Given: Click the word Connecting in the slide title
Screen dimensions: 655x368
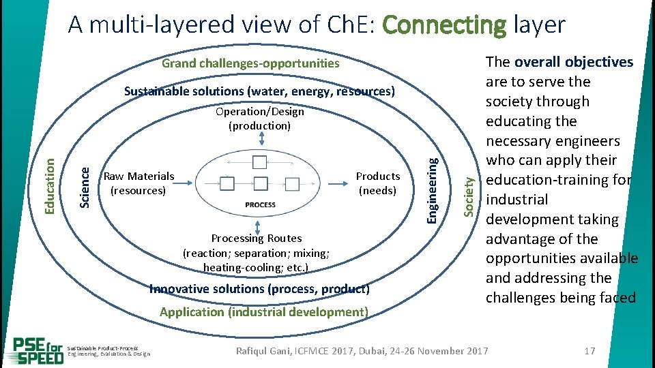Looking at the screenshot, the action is [x=444, y=25].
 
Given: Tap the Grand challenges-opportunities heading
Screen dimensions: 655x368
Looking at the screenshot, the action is [x=250, y=63].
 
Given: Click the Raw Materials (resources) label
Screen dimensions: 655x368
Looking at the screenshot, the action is [x=139, y=183].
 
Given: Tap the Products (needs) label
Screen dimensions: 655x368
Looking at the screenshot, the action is [x=378, y=183].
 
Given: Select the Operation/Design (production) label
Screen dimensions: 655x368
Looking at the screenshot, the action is [x=259, y=119].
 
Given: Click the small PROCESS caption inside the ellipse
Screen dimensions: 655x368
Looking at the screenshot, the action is [x=260, y=204].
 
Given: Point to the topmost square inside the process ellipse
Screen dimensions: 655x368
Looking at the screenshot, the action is [x=260, y=162].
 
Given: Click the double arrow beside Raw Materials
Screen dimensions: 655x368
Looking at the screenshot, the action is [x=186, y=183].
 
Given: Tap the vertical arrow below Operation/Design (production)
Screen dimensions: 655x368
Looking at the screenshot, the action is [x=260, y=138].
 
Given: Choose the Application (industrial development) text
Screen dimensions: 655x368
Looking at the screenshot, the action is [x=263, y=312].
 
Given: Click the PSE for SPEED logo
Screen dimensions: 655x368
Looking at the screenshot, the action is [x=38, y=350].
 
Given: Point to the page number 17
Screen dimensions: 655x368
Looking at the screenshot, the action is [x=590, y=351].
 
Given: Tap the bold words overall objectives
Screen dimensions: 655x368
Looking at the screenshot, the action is [x=574, y=62].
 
